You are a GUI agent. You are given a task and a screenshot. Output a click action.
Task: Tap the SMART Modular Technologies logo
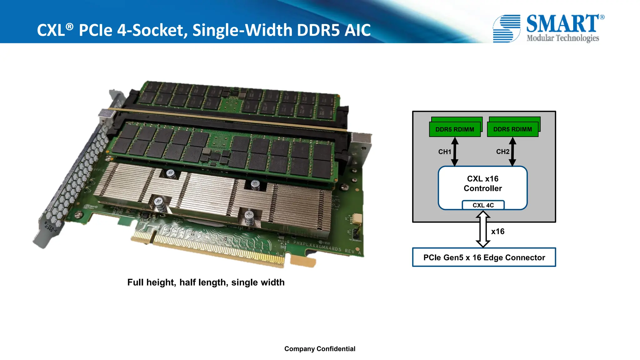coord(548,28)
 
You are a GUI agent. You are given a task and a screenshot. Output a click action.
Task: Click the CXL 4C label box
coord(483,205)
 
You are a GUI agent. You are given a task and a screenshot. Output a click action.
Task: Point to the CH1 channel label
coord(444,152)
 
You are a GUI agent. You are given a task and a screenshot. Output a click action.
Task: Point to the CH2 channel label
coord(502,152)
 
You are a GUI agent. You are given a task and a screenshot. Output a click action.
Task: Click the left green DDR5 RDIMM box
coord(455,129)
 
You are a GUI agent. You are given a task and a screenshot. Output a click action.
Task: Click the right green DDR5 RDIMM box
coord(512,129)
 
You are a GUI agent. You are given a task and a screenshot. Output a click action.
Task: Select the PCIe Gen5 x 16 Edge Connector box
coord(484,257)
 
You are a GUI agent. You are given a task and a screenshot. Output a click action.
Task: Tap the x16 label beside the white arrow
coord(497,232)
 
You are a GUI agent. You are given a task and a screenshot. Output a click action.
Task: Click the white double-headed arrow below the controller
coord(483,229)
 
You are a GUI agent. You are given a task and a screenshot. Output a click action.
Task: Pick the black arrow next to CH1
coord(455,152)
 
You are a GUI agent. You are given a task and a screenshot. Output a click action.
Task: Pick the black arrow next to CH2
coord(512,152)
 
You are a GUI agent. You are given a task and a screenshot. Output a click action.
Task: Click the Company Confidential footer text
coord(320,349)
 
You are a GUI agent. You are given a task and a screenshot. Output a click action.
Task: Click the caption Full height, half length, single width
coord(206,282)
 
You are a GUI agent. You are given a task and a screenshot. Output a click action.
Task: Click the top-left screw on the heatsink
coord(171,173)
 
